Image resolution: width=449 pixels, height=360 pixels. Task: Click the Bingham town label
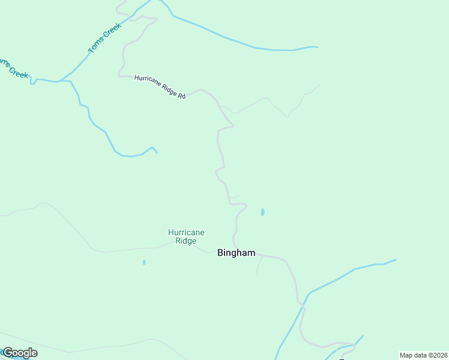236,253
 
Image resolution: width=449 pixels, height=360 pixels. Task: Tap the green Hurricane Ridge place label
186,236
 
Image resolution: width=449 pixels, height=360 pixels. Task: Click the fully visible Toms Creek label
104,38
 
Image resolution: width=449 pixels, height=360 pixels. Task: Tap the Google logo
20,353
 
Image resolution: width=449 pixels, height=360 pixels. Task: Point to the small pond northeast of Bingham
262,212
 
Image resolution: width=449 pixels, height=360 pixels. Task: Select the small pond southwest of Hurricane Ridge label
144,262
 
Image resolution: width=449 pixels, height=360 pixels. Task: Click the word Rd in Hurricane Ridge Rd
181,95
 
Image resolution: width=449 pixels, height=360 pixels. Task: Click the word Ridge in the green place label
186,241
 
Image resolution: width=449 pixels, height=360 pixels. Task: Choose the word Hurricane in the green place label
186,232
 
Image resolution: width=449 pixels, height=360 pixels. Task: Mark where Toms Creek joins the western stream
59,80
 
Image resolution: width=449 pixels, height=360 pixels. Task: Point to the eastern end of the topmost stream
317,47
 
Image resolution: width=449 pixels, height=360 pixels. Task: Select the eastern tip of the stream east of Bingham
396,260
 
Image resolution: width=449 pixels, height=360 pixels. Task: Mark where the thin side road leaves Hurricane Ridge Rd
221,107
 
